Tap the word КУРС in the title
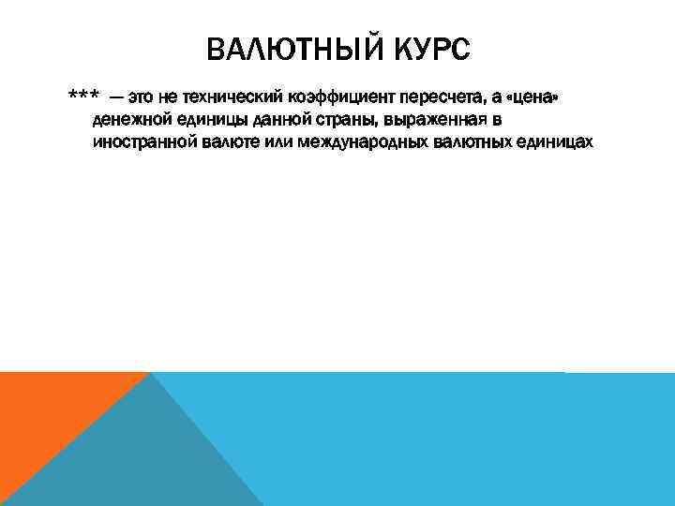427,50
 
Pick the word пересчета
438,98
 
